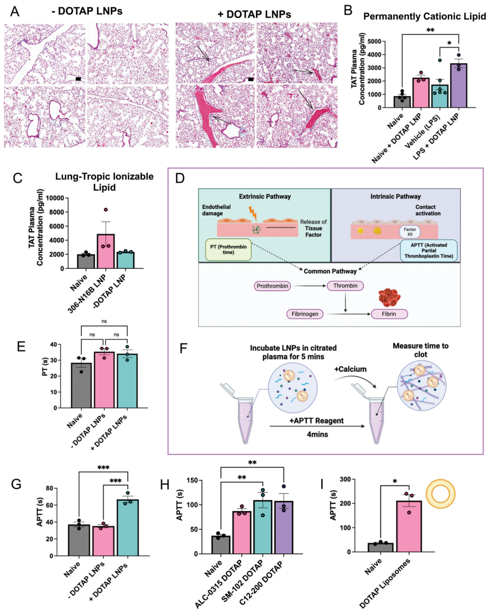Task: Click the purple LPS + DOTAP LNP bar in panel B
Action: (x=459, y=86)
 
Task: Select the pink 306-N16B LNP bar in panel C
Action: (x=105, y=252)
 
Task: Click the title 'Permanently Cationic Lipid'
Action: (x=424, y=16)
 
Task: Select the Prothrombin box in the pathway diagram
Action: (x=272, y=286)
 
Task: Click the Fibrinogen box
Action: (x=305, y=314)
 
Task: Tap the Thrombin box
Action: (x=345, y=286)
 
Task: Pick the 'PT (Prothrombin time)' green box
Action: (x=228, y=250)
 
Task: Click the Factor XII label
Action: (x=410, y=232)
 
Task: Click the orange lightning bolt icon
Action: (x=252, y=213)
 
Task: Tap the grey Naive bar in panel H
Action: (x=221, y=545)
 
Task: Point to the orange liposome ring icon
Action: (x=441, y=493)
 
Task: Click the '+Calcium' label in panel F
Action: (x=350, y=369)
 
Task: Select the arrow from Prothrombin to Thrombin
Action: (x=309, y=286)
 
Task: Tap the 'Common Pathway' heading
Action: (x=330, y=271)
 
